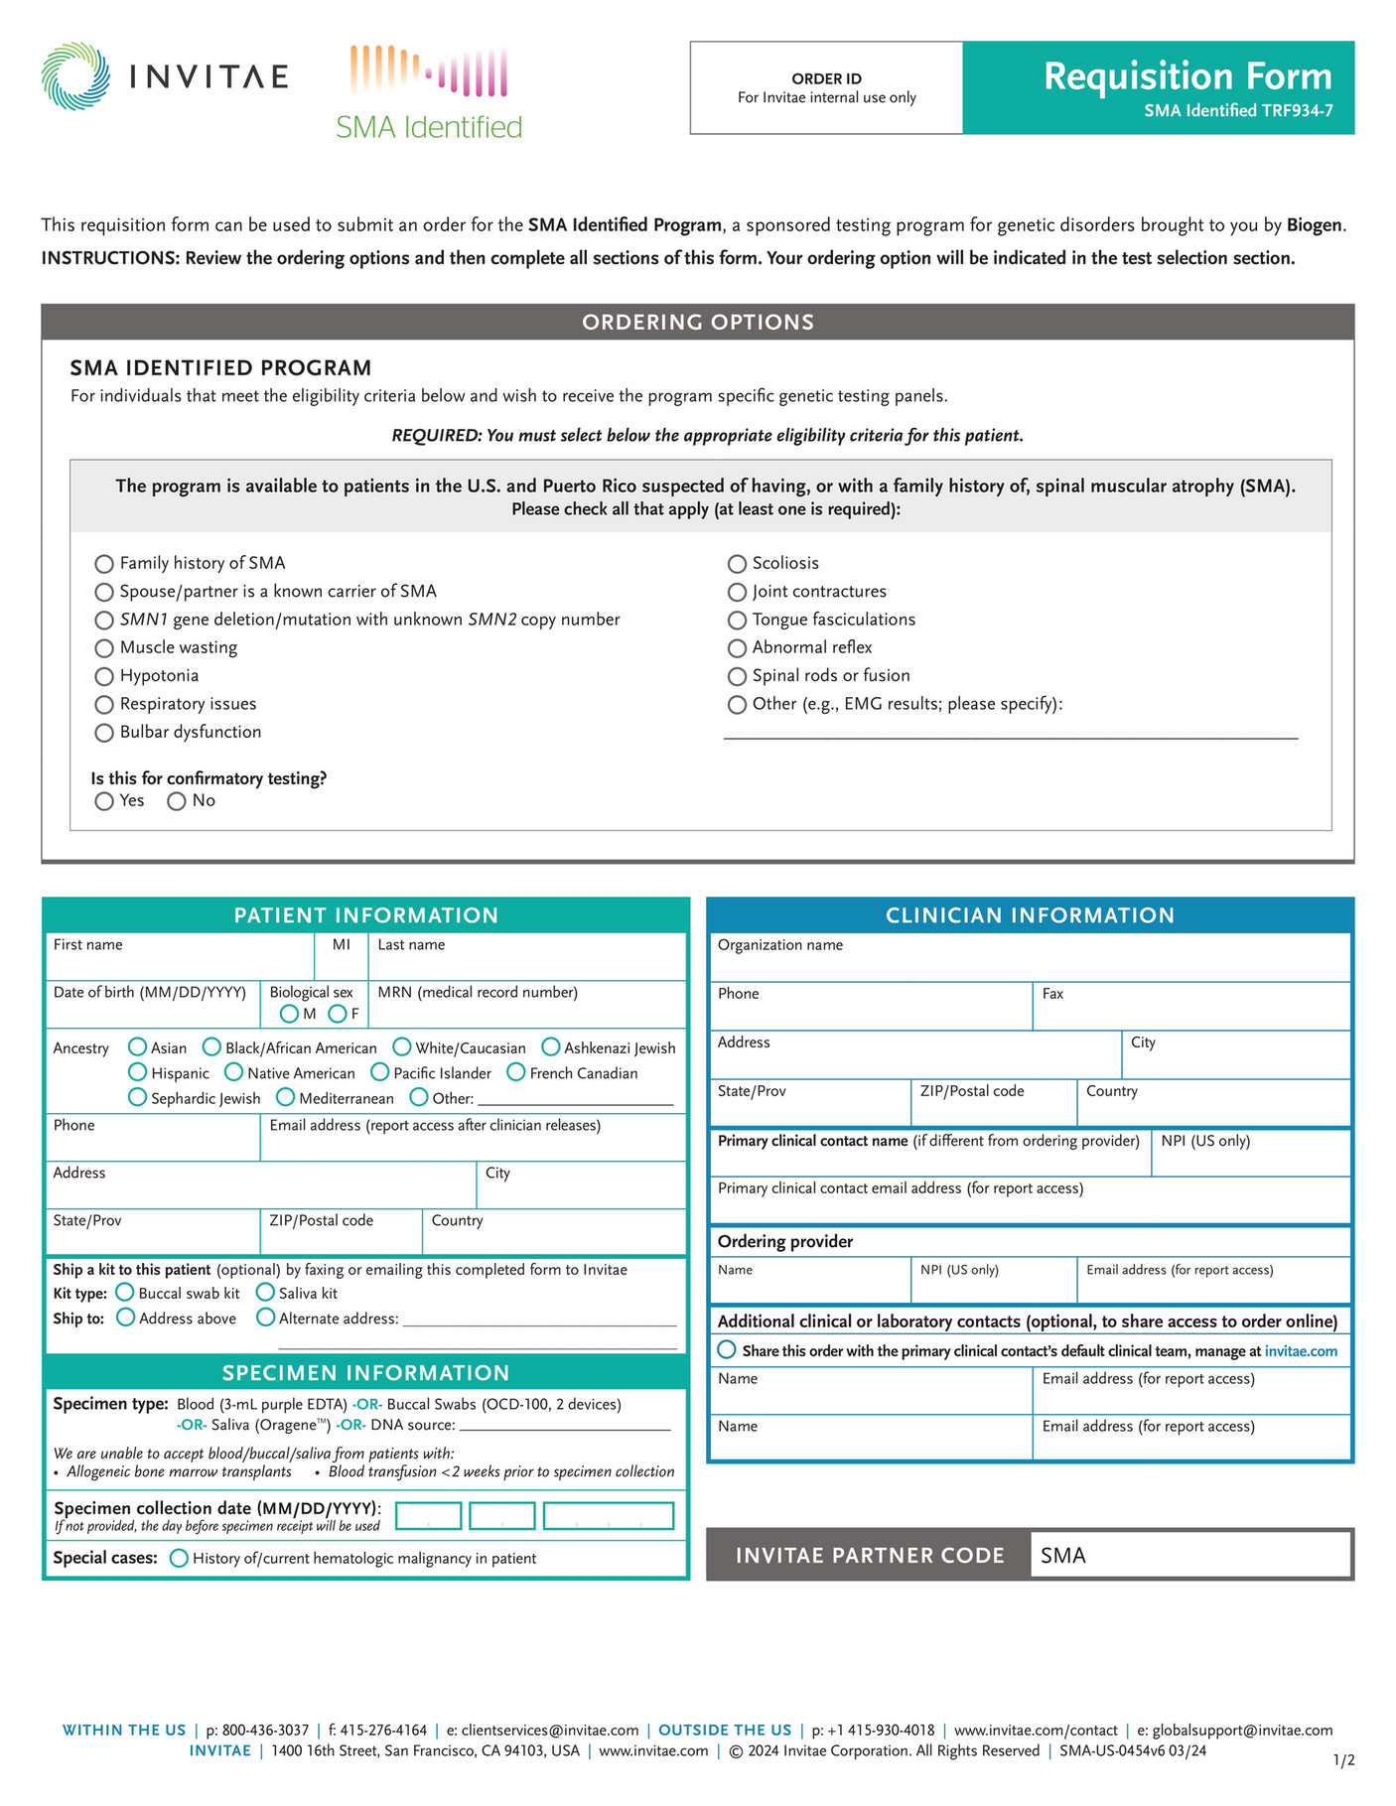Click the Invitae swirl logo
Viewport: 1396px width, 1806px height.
[x=75, y=76]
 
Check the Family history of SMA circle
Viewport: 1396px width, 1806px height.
[x=104, y=564]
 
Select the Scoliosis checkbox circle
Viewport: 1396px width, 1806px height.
[x=737, y=564]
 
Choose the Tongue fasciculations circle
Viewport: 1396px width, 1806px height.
[x=737, y=621]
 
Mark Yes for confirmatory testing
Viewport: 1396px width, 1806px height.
[x=104, y=801]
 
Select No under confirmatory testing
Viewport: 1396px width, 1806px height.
[x=177, y=801]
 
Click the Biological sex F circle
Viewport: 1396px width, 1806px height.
[x=338, y=1014]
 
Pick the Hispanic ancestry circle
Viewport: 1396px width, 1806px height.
[x=138, y=1072]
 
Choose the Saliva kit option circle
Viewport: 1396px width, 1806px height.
[x=265, y=1293]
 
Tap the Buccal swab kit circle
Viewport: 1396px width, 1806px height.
[x=125, y=1293]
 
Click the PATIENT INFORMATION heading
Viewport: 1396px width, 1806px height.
[x=365, y=915]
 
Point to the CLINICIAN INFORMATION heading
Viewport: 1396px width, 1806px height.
[x=1030, y=915]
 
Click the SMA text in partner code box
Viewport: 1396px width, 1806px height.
[x=1063, y=1556]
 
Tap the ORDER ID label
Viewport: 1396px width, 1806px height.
[x=826, y=78]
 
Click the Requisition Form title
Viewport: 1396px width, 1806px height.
[x=1187, y=76]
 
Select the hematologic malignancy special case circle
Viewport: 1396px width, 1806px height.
[x=180, y=1558]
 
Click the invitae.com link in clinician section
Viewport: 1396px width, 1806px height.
[x=1301, y=1351]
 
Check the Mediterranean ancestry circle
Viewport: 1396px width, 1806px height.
[x=286, y=1097]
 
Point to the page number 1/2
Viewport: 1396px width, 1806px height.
[x=1343, y=1760]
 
